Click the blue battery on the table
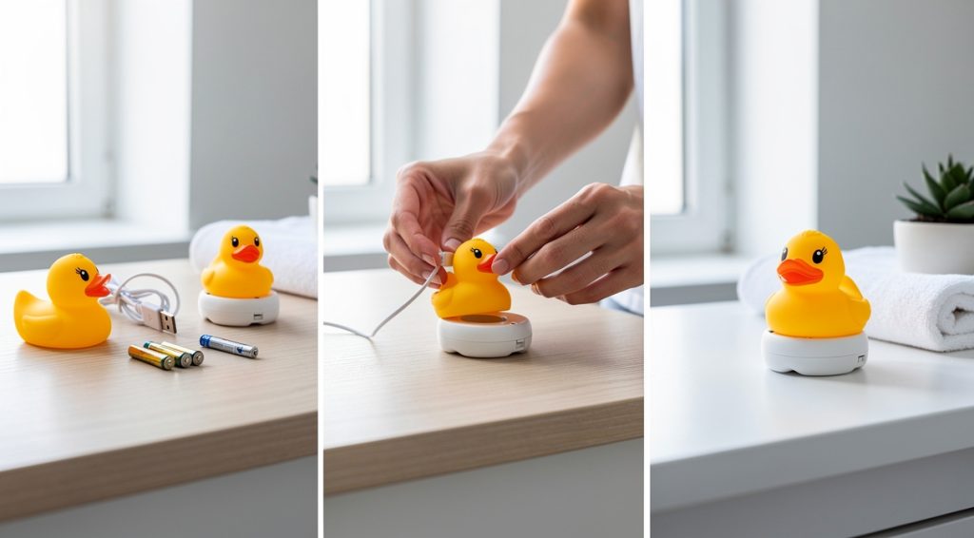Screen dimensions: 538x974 [x=228, y=346]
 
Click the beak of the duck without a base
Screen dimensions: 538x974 [x=97, y=285]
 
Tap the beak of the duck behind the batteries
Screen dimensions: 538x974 [x=246, y=254]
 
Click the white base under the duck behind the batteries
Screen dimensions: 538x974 [x=238, y=309]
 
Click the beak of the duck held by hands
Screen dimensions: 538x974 [x=485, y=263]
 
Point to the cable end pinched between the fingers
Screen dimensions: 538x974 [x=444, y=261]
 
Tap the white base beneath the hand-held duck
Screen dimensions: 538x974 [x=483, y=335]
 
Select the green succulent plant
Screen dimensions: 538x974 [x=937, y=192]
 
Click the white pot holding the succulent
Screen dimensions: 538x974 [x=934, y=246]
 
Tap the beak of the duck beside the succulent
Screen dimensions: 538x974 [x=797, y=272]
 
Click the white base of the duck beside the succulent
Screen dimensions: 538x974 [x=815, y=353]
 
